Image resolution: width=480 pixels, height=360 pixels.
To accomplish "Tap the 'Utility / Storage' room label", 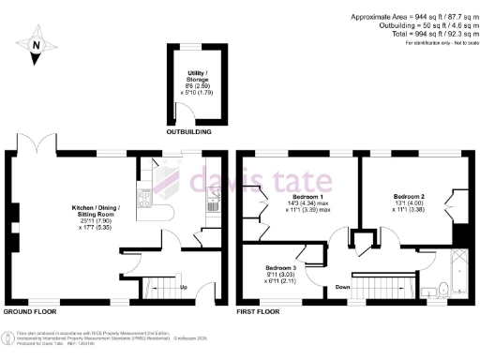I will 197,82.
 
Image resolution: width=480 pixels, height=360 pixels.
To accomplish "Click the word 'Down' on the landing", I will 344,287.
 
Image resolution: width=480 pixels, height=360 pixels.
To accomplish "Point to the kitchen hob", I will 144,198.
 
